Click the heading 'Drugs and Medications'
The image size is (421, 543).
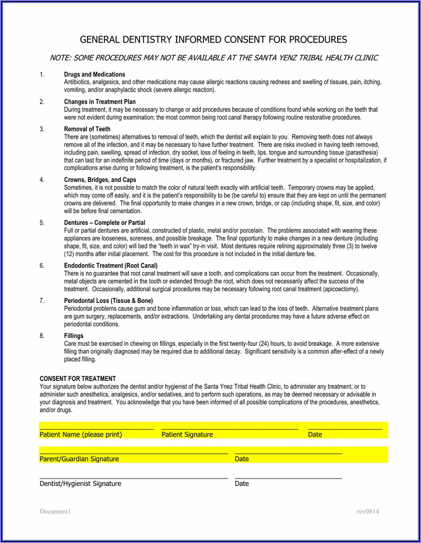pyautogui.click(x=94, y=74)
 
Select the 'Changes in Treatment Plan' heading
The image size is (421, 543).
pyautogui.click(x=100, y=102)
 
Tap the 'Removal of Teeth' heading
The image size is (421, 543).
pyautogui.click(x=87, y=129)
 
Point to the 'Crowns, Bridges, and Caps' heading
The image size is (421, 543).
pyautogui.click(x=100, y=180)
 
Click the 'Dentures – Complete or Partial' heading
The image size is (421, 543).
pyautogui.click(x=104, y=223)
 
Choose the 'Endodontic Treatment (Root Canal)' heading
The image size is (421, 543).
pyautogui.click(x=111, y=266)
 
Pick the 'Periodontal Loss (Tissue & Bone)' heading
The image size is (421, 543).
pyautogui.click(x=109, y=301)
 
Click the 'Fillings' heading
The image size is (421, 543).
pyautogui.click(x=73, y=336)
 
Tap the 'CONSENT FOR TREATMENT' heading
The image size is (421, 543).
pyautogui.click(x=78, y=379)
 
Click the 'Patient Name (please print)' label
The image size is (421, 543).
pyautogui.click(x=81, y=435)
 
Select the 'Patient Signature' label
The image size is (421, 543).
pyautogui.click(x=187, y=435)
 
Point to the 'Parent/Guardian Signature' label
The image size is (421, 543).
pyautogui.click(x=79, y=459)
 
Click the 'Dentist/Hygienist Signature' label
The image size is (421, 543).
pyautogui.click(x=80, y=484)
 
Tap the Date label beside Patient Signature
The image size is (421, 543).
pyautogui.click(x=315, y=435)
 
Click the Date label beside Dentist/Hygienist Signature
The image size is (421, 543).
pyautogui.click(x=242, y=484)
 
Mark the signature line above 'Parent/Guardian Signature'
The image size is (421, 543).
pyautogui.click(x=134, y=452)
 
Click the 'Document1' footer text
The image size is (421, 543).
pyautogui.click(x=55, y=512)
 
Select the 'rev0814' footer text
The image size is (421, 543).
pyautogui.click(x=368, y=512)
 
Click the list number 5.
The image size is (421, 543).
pyautogui.click(x=42, y=223)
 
